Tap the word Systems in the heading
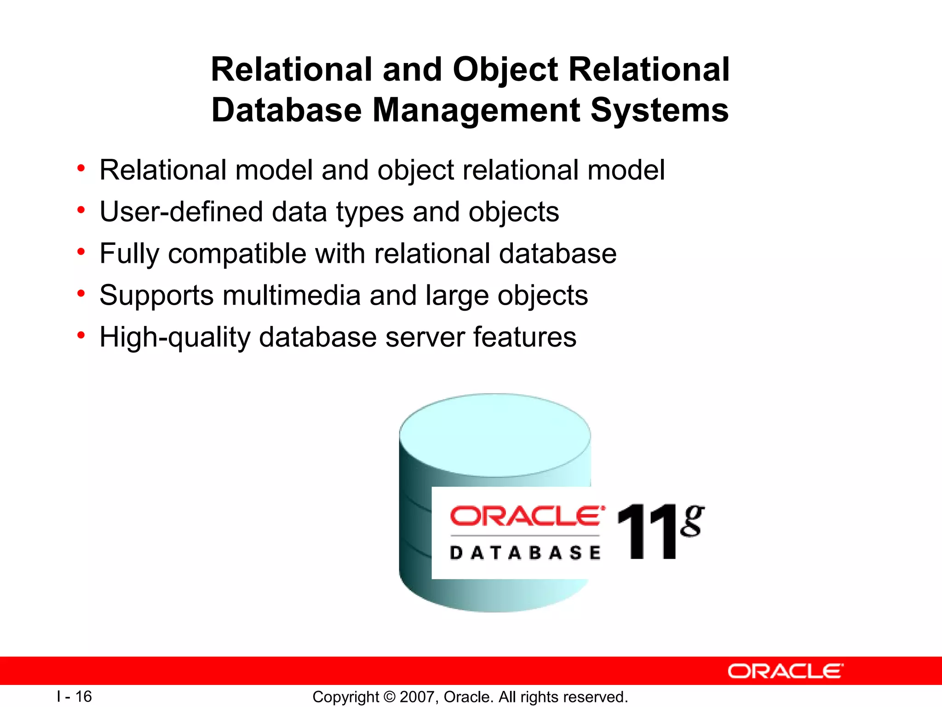coord(659,110)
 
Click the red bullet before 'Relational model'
coord(81,168)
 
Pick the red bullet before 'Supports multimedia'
coord(81,294)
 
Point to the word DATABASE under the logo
coord(525,553)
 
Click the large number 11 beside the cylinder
coord(647,533)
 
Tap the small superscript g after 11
coord(692,521)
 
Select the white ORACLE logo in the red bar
coord(785,671)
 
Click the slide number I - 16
coord(75,696)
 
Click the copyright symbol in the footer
coord(389,697)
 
